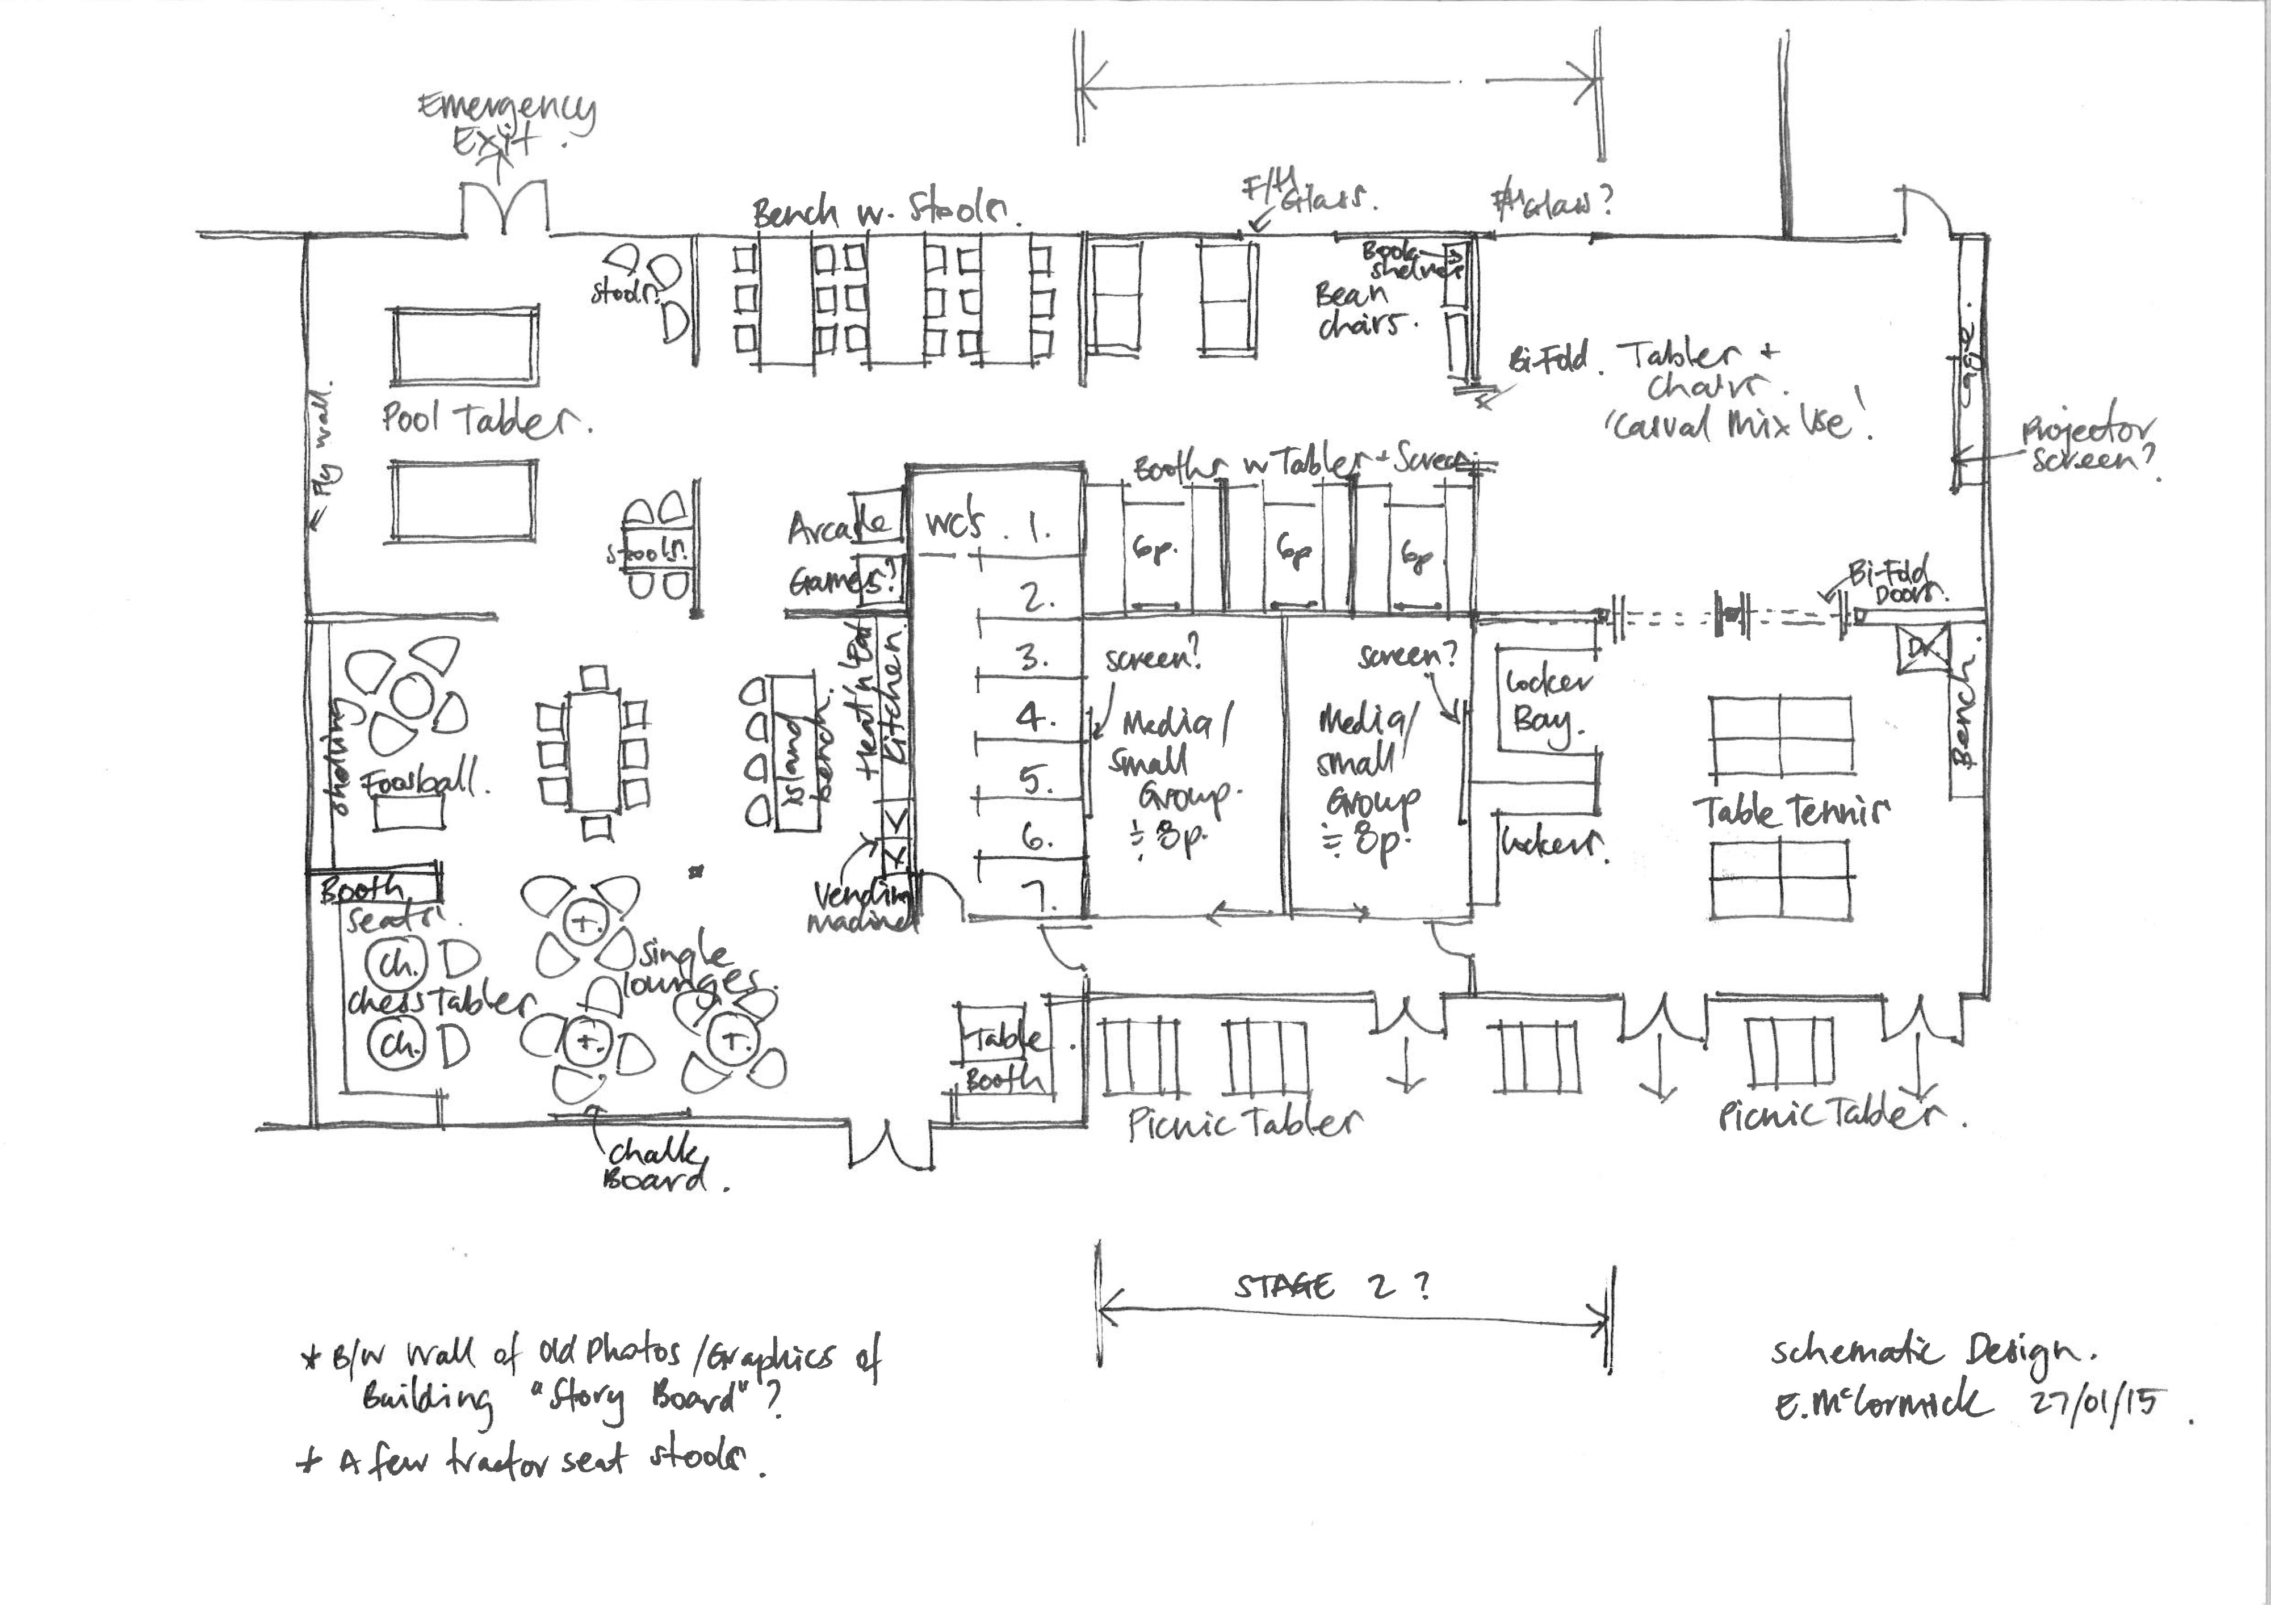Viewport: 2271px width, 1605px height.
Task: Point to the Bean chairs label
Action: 1357,309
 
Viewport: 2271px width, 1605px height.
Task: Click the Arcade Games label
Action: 839,554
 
